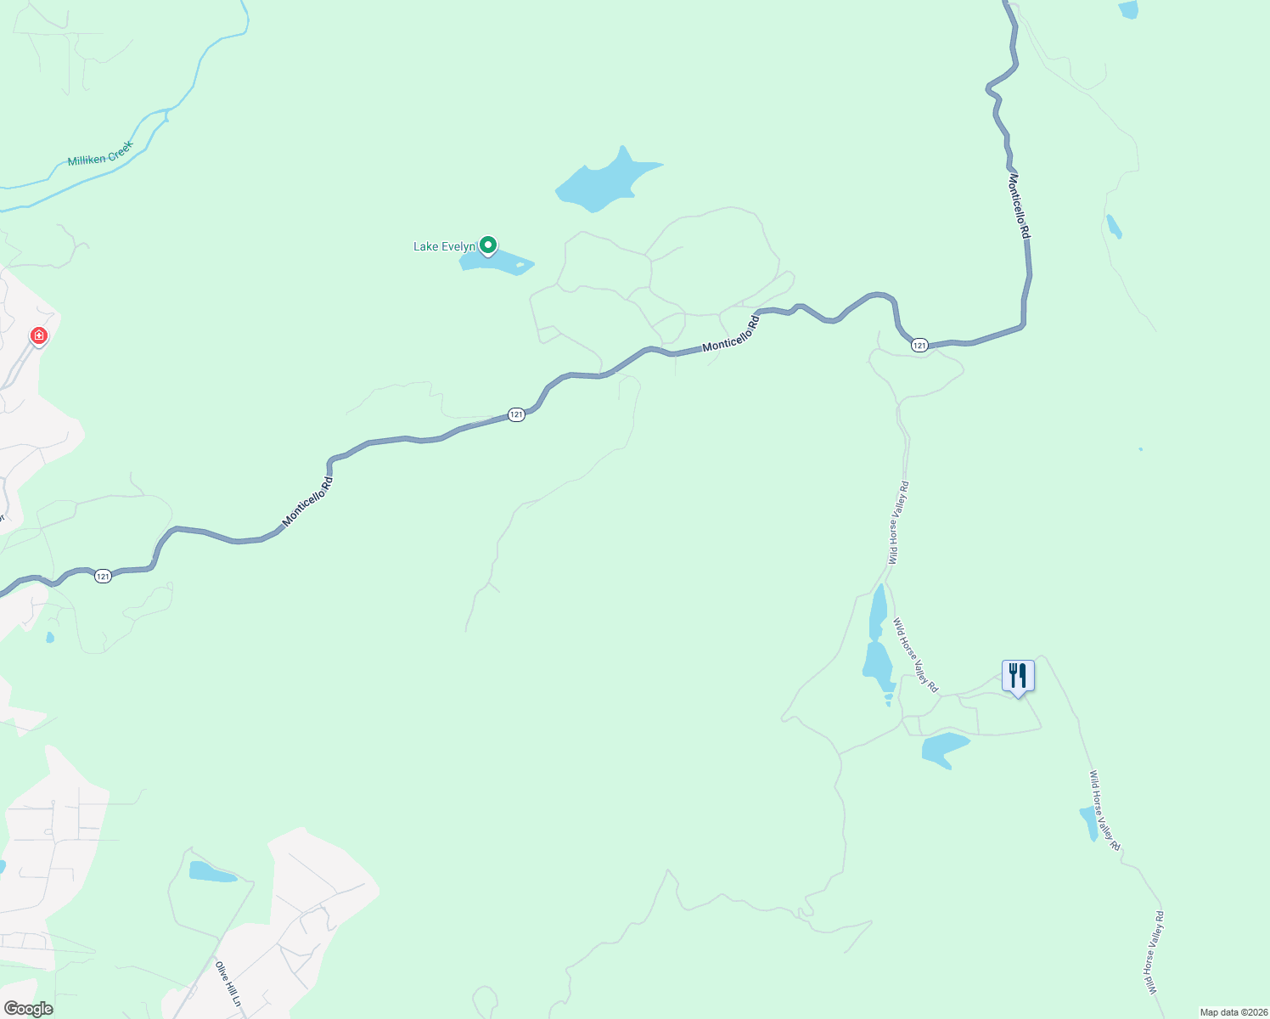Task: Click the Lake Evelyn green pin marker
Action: (x=488, y=245)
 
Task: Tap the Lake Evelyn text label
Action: (x=444, y=247)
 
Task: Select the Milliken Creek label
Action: (x=100, y=154)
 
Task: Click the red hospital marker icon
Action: (x=38, y=336)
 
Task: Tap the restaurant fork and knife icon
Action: (x=1018, y=676)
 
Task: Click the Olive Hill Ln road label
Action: (x=228, y=984)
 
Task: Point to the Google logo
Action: (x=28, y=1009)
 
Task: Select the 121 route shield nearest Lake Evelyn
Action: (x=516, y=414)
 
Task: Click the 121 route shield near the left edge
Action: (x=103, y=577)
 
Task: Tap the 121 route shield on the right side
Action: (x=919, y=345)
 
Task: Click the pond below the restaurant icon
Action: (x=943, y=749)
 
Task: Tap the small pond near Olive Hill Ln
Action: (x=210, y=872)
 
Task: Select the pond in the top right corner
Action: (x=1128, y=9)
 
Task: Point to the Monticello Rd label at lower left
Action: (x=307, y=501)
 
